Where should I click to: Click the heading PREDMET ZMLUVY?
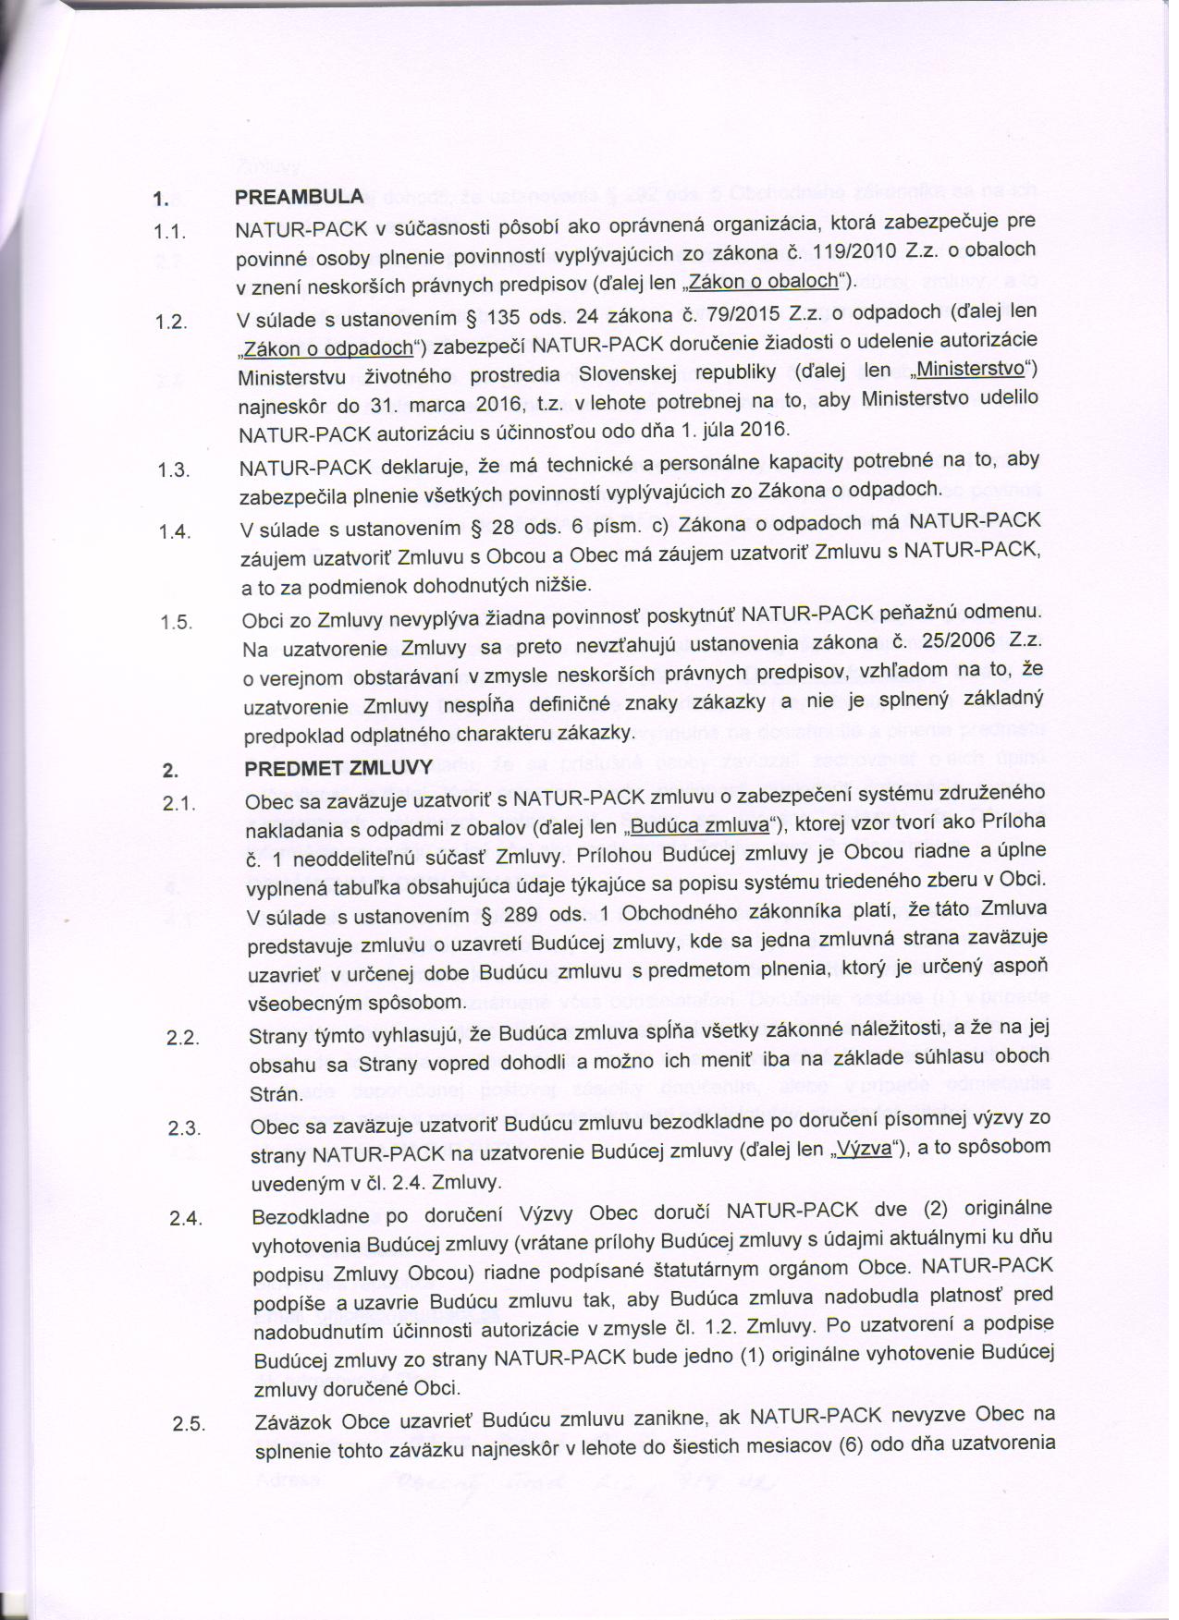click(x=338, y=768)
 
